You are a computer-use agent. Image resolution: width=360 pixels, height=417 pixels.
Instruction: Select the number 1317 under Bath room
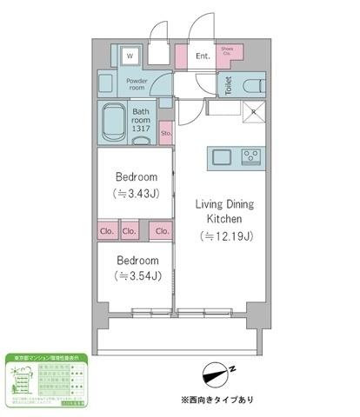pyautogui.click(x=143, y=129)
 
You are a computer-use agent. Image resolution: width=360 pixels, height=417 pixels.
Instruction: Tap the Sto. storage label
pyautogui.click(x=165, y=134)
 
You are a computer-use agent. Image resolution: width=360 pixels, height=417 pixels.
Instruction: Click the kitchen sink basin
pyautogui.click(x=220, y=157)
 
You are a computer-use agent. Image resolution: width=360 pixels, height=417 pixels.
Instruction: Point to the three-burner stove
pyautogui.click(x=251, y=157)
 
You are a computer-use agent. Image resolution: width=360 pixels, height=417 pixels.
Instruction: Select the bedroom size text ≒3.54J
pyautogui.click(x=137, y=277)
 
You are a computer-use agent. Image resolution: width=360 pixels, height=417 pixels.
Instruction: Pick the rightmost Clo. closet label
pyautogui.click(x=162, y=231)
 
